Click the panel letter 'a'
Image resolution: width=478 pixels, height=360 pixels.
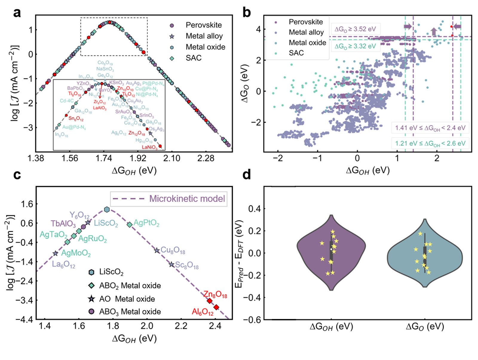point(17,13)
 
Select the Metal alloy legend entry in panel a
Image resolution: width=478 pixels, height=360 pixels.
point(204,36)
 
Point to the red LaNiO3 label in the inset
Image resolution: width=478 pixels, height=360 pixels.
point(149,147)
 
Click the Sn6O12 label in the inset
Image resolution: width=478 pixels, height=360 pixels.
point(76,119)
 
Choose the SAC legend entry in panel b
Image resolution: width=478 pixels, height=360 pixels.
point(296,53)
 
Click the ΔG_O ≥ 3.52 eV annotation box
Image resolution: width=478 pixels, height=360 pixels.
point(355,29)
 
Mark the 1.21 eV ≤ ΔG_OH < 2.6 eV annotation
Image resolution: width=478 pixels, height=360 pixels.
point(430,143)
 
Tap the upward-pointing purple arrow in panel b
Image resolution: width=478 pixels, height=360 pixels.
point(434,31)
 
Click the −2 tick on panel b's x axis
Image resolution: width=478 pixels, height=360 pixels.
point(278,158)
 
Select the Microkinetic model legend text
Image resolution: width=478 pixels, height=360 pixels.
point(187,199)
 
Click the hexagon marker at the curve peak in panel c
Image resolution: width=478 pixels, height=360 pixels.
point(107,210)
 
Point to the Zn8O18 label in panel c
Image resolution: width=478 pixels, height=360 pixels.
point(215,295)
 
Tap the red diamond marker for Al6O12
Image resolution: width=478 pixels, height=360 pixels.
point(216,307)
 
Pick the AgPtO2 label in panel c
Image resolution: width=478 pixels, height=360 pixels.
point(146,223)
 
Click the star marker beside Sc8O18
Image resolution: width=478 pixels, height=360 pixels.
point(171,264)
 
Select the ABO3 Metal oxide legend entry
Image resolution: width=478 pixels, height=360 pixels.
point(130,312)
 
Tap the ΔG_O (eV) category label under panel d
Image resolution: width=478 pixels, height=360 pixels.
point(425,326)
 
